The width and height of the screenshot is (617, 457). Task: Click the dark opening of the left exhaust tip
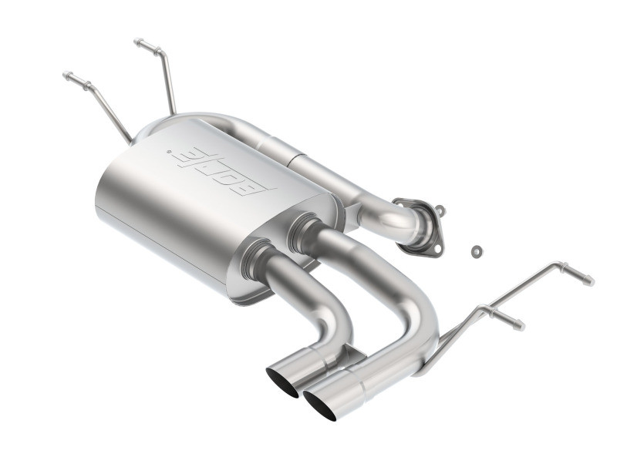282,382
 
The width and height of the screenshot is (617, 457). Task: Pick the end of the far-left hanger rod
67,76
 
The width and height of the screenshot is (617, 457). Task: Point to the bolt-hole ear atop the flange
438,210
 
